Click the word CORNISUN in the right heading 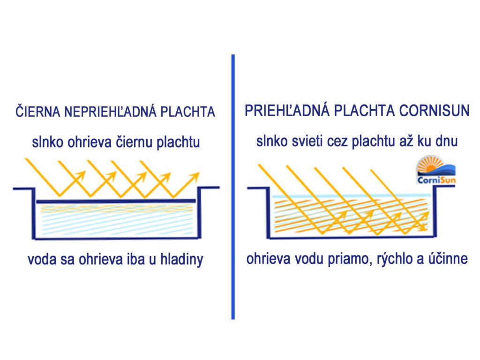click(435, 112)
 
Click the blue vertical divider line click(233, 187)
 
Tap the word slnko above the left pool click(46, 142)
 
